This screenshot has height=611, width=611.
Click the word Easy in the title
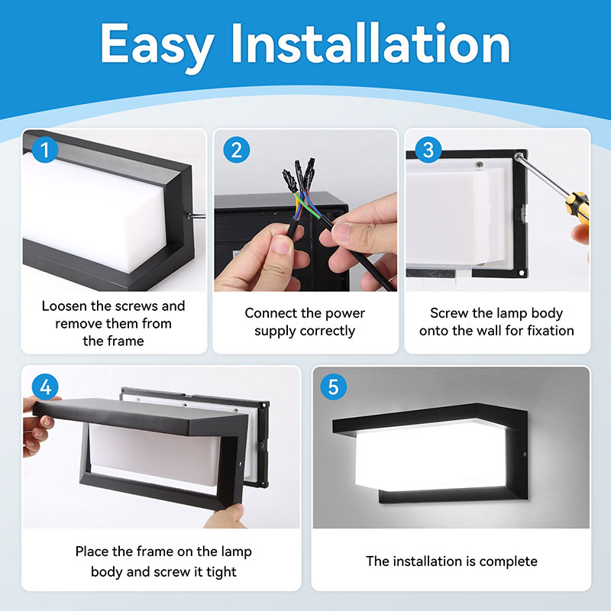click(x=157, y=44)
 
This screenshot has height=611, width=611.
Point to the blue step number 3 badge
click(x=428, y=150)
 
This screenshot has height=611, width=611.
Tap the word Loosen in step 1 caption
click(x=66, y=306)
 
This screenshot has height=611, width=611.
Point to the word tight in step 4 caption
click(x=219, y=571)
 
